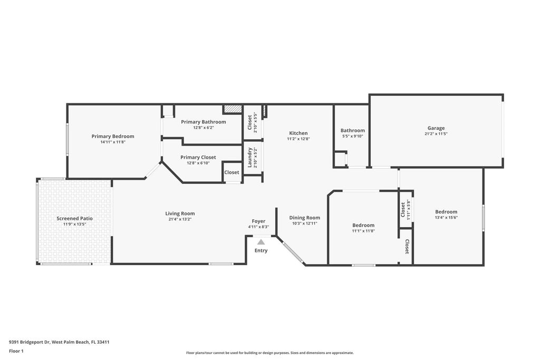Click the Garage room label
(x=436, y=128)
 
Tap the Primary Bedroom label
(x=113, y=137)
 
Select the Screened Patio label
(x=75, y=218)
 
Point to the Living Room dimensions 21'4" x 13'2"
(x=180, y=219)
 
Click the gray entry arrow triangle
(x=261, y=242)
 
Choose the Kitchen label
(x=298, y=133)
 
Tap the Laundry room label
(x=250, y=157)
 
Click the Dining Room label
(x=304, y=218)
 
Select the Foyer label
(x=258, y=221)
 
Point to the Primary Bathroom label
(x=204, y=122)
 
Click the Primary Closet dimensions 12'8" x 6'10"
(x=198, y=163)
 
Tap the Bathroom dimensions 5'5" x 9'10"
(x=353, y=136)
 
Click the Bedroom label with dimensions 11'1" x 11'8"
(x=363, y=225)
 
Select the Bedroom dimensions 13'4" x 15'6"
(x=446, y=218)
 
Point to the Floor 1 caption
(x=16, y=351)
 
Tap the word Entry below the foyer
(x=261, y=250)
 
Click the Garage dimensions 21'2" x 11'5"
(x=436, y=134)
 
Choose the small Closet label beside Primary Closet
(x=232, y=172)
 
